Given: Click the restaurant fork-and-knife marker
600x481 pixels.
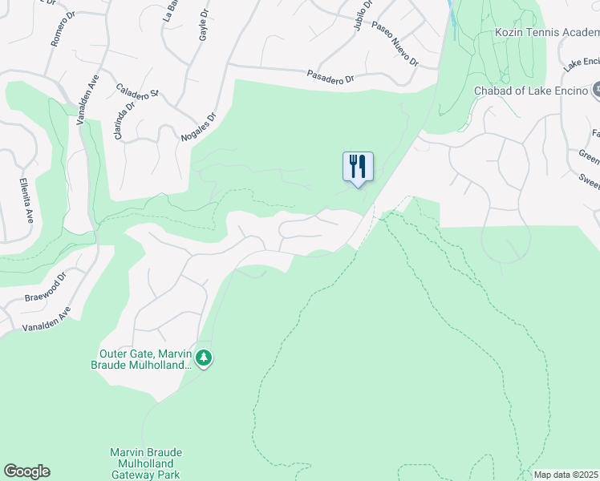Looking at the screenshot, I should pyautogui.click(x=358, y=167).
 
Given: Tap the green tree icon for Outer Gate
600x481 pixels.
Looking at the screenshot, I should pyautogui.click(x=205, y=358).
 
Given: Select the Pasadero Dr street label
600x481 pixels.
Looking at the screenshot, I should pyautogui.click(x=330, y=78).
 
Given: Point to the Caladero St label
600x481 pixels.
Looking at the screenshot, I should pyautogui.click(x=137, y=93).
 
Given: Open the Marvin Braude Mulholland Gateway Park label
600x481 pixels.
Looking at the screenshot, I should pyautogui.click(x=145, y=463).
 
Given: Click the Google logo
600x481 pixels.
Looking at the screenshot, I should pyautogui.click(x=26, y=471).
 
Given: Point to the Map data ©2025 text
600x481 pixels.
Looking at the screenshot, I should pyautogui.click(x=565, y=475).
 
